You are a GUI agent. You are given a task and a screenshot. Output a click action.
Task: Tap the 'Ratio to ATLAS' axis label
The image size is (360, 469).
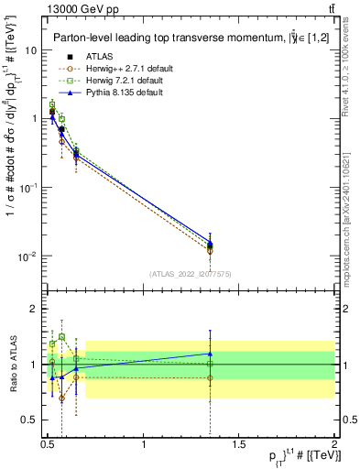tap(13, 364)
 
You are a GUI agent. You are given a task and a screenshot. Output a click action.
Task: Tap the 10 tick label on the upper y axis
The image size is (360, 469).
tap(29, 50)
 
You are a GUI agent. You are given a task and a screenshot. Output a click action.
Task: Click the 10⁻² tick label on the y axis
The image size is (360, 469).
tap(27, 256)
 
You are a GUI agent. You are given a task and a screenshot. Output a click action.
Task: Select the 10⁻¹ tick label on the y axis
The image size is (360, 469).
tap(27, 188)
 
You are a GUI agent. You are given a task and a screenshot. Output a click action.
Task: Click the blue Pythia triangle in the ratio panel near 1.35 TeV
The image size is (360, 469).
tap(211, 353)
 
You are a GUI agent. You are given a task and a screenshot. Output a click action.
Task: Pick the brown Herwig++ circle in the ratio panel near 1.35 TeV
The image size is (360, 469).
tap(211, 377)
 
